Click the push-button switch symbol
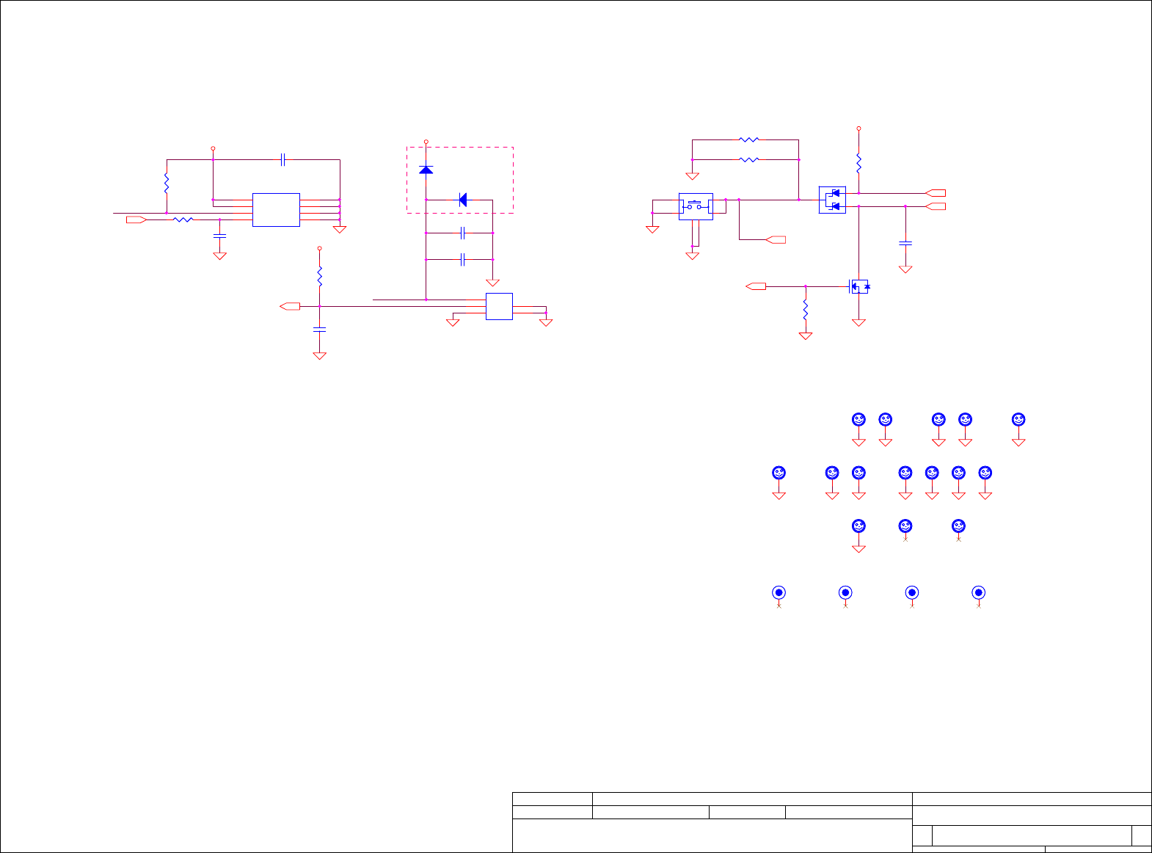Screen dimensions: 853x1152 click(695, 206)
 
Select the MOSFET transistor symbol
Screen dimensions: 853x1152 click(858, 286)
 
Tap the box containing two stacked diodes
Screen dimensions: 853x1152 click(832, 200)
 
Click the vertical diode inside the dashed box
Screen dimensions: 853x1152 click(426, 170)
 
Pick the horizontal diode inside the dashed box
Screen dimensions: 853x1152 click(462, 200)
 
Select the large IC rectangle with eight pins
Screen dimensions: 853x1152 click(276, 210)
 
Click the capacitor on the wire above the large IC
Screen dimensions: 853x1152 click(283, 159)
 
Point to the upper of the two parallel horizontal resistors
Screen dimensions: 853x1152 click(748, 139)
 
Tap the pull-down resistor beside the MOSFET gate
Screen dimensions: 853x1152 click(806, 308)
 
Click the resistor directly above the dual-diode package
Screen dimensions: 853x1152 click(858, 161)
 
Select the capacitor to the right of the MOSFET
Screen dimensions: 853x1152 click(905, 242)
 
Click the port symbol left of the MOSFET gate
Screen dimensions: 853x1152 click(757, 286)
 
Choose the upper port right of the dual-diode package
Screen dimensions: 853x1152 click(936, 193)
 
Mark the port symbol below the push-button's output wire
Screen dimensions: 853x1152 click(776, 239)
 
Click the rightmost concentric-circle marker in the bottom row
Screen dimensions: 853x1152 click(978, 592)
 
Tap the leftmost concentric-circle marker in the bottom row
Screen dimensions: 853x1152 click(779, 592)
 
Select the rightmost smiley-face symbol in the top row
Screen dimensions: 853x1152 click(1018, 419)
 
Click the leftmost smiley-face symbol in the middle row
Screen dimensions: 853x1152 click(779, 473)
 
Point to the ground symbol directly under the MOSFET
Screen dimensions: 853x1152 click(858, 322)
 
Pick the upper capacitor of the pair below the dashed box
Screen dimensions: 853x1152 click(462, 233)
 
